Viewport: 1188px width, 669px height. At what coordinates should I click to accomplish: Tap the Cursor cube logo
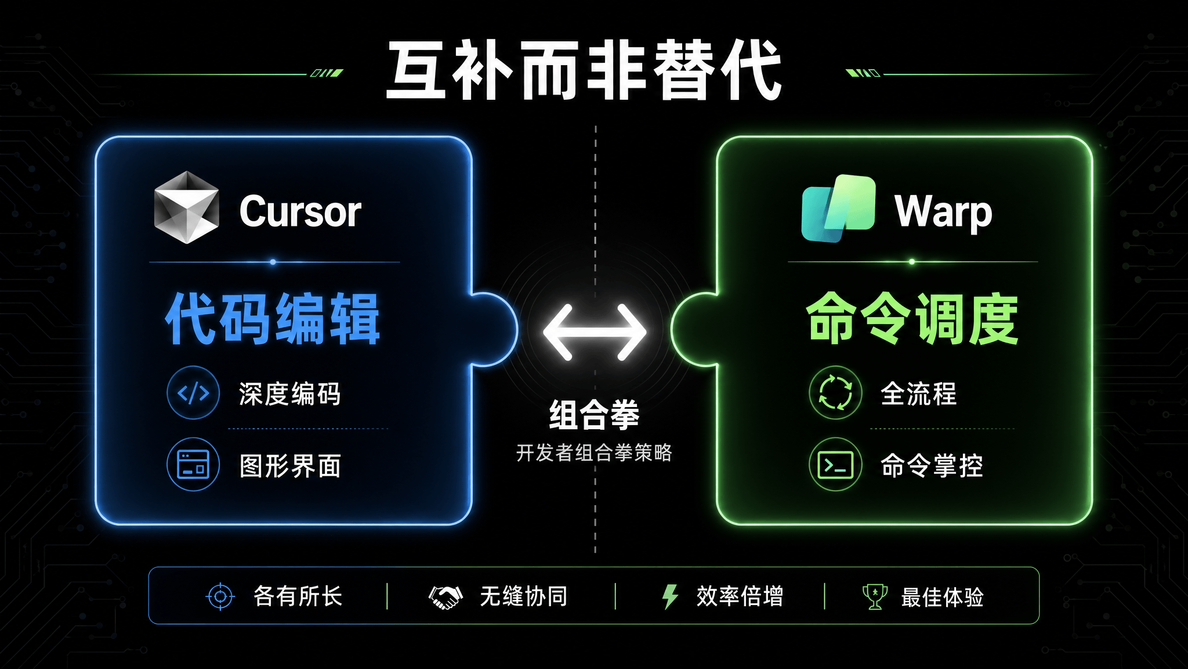click(x=186, y=207)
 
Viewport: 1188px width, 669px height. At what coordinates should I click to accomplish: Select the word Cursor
click(x=300, y=211)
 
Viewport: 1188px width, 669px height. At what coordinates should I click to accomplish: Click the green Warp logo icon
click(x=838, y=208)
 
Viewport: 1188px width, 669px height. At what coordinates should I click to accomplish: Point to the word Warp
click(x=943, y=213)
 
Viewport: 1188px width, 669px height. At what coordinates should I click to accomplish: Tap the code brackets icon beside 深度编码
click(x=193, y=393)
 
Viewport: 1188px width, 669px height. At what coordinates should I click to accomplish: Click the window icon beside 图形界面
click(x=193, y=464)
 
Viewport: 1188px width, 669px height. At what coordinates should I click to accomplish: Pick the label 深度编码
click(x=289, y=394)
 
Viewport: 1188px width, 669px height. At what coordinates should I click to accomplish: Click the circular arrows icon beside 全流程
click(x=835, y=393)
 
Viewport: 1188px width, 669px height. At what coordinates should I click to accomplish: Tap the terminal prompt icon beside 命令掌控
click(x=835, y=465)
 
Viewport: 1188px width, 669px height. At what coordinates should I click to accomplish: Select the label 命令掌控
click(x=932, y=465)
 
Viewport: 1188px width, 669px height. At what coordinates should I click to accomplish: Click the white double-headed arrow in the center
click(x=595, y=332)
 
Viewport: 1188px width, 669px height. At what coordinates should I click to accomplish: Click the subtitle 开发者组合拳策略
click(x=594, y=452)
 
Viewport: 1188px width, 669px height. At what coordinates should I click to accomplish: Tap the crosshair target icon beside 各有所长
click(x=220, y=596)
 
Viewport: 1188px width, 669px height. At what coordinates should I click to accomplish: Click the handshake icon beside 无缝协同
click(x=445, y=597)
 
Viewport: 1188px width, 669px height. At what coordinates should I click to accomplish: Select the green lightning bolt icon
click(x=670, y=596)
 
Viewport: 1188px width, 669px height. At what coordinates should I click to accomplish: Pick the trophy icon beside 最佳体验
click(x=875, y=596)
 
